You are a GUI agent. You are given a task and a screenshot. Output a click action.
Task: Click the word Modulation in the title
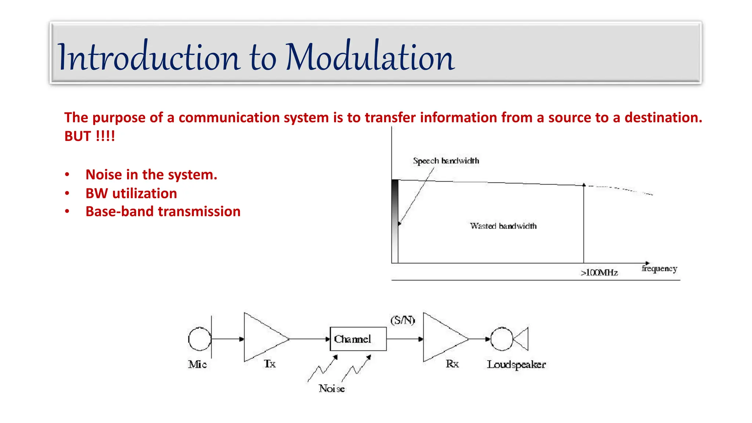point(370,57)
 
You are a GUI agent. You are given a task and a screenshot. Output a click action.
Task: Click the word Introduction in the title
point(149,57)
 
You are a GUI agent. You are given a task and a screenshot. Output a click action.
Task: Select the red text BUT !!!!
point(90,136)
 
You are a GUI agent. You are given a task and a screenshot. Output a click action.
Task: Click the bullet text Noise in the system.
point(151,175)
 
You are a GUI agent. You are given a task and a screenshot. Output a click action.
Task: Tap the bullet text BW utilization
point(131,194)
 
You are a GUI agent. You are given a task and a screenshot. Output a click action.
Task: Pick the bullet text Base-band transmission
point(163,212)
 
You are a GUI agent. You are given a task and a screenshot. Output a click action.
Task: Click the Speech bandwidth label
point(446,161)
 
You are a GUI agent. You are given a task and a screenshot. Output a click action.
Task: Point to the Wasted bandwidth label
point(503,226)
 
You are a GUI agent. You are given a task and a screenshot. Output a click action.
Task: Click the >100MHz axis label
point(599,273)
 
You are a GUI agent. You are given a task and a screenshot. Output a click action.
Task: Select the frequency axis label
point(659,269)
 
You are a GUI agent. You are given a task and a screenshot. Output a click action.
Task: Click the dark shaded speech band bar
point(395,220)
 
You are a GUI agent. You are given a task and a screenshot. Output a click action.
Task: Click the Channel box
point(358,339)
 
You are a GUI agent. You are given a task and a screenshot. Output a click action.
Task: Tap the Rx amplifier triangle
point(441,338)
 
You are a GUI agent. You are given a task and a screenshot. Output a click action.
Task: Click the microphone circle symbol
point(199,339)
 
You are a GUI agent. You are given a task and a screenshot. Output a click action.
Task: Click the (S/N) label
point(402,320)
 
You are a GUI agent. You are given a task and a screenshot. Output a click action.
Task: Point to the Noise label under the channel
point(332,388)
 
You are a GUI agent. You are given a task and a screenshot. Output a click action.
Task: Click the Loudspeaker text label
point(516,365)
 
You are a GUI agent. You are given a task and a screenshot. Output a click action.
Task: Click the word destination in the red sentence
point(663,118)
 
